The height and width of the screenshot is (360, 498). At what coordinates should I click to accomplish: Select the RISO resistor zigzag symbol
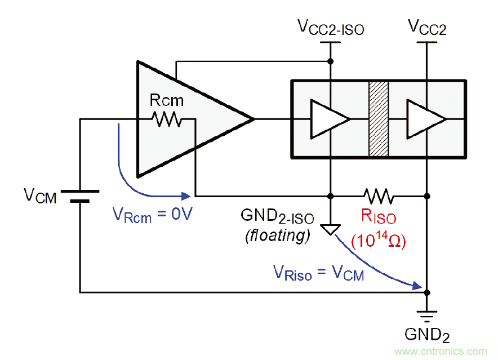tap(379, 196)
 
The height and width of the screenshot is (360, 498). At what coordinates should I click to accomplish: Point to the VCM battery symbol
tap(80, 195)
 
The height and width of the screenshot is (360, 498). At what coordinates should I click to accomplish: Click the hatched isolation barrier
tap(379, 119)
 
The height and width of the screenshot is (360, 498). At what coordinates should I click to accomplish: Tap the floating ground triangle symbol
tap(331, 229)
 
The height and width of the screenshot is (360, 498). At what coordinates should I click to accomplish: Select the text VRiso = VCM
tap(319, 274)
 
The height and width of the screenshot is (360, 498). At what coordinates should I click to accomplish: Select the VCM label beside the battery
tap(40, 196)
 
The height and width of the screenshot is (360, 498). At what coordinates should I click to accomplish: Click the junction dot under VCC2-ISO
tap(331, 61)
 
